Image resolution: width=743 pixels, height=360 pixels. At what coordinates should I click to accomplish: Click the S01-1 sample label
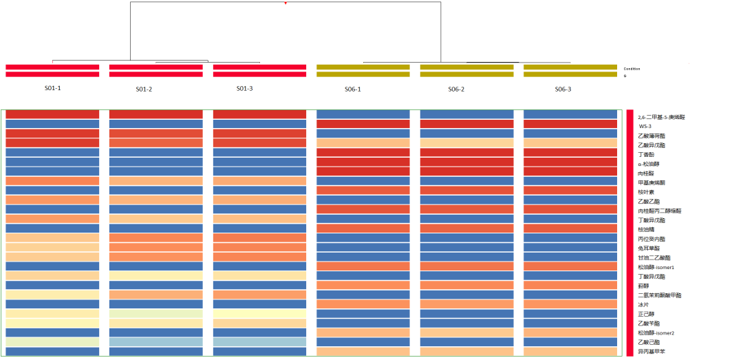click(x=53, y=88)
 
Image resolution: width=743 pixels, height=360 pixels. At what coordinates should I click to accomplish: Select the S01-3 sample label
click(x=244, y=89)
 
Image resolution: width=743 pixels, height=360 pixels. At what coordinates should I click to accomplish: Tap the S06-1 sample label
click(x=352, y=89)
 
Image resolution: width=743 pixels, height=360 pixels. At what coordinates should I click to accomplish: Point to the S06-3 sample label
click(x=563, y=89)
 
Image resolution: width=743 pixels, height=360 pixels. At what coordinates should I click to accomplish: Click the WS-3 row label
click(x=645, y=127)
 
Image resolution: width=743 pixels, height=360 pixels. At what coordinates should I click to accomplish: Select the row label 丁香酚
click(x=646, y=155)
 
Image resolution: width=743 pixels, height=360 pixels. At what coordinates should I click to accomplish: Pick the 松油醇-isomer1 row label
click(x=656, y=267)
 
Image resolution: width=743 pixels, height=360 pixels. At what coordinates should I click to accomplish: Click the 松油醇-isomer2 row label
click(x=656, y=332)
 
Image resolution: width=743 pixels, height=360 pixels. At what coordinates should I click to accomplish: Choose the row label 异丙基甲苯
click(x=649, y=352)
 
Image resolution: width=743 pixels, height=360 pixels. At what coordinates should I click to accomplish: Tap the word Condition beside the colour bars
click(x=632, y=69)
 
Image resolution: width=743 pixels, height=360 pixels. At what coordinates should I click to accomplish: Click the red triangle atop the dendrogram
click(x=286, y=3)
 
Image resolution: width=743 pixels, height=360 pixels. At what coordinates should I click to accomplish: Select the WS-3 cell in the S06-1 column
click(x=363, y=124)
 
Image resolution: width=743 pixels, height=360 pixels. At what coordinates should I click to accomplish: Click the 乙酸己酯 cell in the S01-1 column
click(x=52, y=341)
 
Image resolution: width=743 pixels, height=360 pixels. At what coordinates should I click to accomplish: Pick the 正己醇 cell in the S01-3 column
click(x=259, y=313)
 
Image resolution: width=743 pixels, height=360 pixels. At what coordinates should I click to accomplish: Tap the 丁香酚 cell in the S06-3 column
click(x=570, y=152)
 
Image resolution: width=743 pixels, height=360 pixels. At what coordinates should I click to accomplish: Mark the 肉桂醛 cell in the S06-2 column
click(x=466, y=171)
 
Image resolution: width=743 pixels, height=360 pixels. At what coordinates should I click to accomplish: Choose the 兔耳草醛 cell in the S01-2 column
click(x=155, y=247)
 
